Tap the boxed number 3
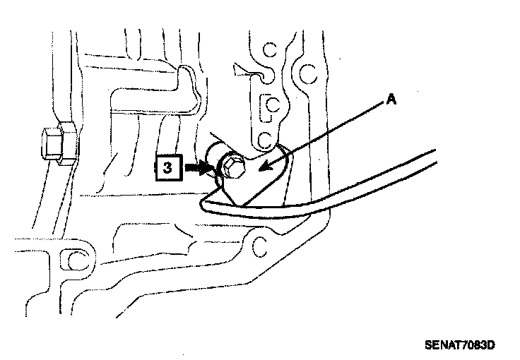coord(167,169)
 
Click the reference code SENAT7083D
coord(460,345)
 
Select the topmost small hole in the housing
coord(268,50)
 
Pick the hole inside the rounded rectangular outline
coord(268,106)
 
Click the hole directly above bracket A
coord(264,139)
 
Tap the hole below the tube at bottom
coord(259,247)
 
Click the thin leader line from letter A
coord(325,135)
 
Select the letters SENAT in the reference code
coord(441,345)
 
